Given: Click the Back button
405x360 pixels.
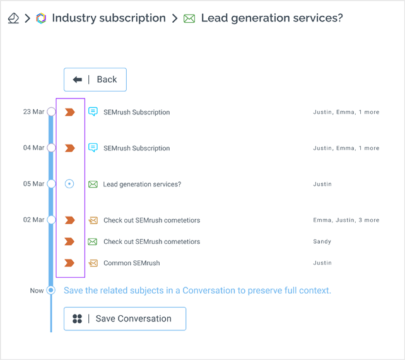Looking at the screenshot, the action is point(95,80).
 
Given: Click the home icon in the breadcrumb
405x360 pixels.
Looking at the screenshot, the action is point(13,18).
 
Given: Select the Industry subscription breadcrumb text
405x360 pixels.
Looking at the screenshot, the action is point(109,18).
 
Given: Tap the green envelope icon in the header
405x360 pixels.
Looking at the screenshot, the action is point(189,18).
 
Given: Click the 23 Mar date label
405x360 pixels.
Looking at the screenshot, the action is point(33,112).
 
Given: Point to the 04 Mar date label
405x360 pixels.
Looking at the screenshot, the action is point(33,148).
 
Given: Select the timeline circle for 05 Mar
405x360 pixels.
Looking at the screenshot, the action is point(51,184).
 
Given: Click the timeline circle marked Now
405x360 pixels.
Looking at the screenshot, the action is point(51,290).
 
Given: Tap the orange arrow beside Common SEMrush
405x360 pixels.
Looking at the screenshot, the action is point(69,263).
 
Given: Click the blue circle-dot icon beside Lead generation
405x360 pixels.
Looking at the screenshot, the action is point(69,184).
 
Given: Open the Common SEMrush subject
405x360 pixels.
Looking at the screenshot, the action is point(131,263).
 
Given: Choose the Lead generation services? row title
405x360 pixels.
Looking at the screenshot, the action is point(142,184).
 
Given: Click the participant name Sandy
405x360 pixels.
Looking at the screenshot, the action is point(322,241).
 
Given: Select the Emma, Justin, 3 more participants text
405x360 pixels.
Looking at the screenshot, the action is point(346,220).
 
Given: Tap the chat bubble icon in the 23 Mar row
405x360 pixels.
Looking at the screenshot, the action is point(93,112).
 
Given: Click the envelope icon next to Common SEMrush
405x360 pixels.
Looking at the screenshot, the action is point(93,263).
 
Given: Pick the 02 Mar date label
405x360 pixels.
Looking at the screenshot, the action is point(33,220).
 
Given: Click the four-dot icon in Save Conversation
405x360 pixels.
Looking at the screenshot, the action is point(77,319).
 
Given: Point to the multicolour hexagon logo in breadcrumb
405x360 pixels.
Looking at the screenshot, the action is point(41,18).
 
